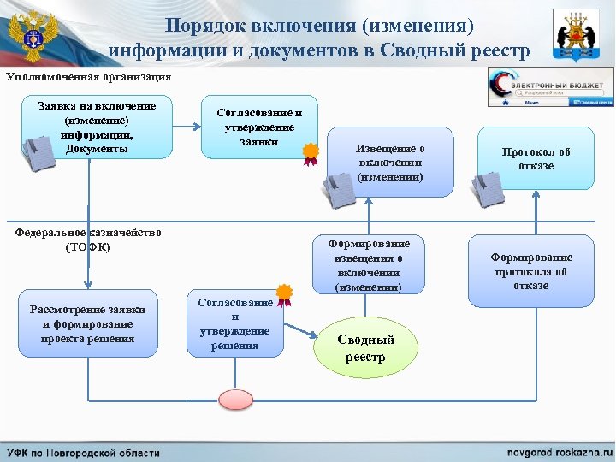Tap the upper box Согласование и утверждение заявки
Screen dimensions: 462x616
pyautogui.click(x=255, y=127)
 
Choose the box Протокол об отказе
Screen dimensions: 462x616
pyautogui.click(x=536, y=157)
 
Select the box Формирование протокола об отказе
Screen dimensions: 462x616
pyautogui.click(x=530, y=270)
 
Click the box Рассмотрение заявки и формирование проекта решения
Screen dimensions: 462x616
pyautogui.click(x=87, y=324)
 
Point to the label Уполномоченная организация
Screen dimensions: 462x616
pyautogui.click(x=88, y=76)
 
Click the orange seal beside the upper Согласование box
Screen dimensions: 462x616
pyautogui.click(x=310, y=152)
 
